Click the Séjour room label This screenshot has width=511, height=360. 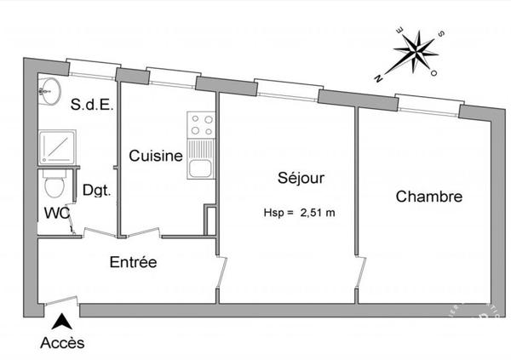click(x=301, y=178)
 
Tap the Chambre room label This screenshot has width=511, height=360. click(x=429, y=197)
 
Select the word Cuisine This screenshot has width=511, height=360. click(x=156, y=156)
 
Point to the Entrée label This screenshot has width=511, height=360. click(x=133, y=262)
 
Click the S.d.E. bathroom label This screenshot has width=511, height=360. click(x=92, y=105)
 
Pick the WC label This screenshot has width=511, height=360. click(x=57, y=213)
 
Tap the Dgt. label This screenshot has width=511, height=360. click(x=97, y=191)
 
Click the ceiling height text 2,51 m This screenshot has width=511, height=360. click(x=318, y=213)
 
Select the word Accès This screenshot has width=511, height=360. click(x=62, y=343)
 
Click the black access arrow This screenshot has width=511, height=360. click(x=61, y=322)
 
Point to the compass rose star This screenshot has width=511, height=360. click(x=416, y=52)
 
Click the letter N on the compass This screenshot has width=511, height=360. click(x=378, y=78)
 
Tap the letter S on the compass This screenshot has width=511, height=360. click(x=441, y=33)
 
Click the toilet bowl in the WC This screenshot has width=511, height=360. click(x=54, y=184)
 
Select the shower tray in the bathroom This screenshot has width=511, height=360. click(x=57, y=147)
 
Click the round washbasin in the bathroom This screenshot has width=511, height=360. click(x=50, y=91)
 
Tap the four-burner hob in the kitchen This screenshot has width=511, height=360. click(x=201, y=125)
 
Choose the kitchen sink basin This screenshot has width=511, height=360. click(x=200, y=169)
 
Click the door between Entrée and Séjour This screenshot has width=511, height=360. click(x=221, y=272)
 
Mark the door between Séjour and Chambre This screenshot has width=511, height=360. click(x=361, y=272)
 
